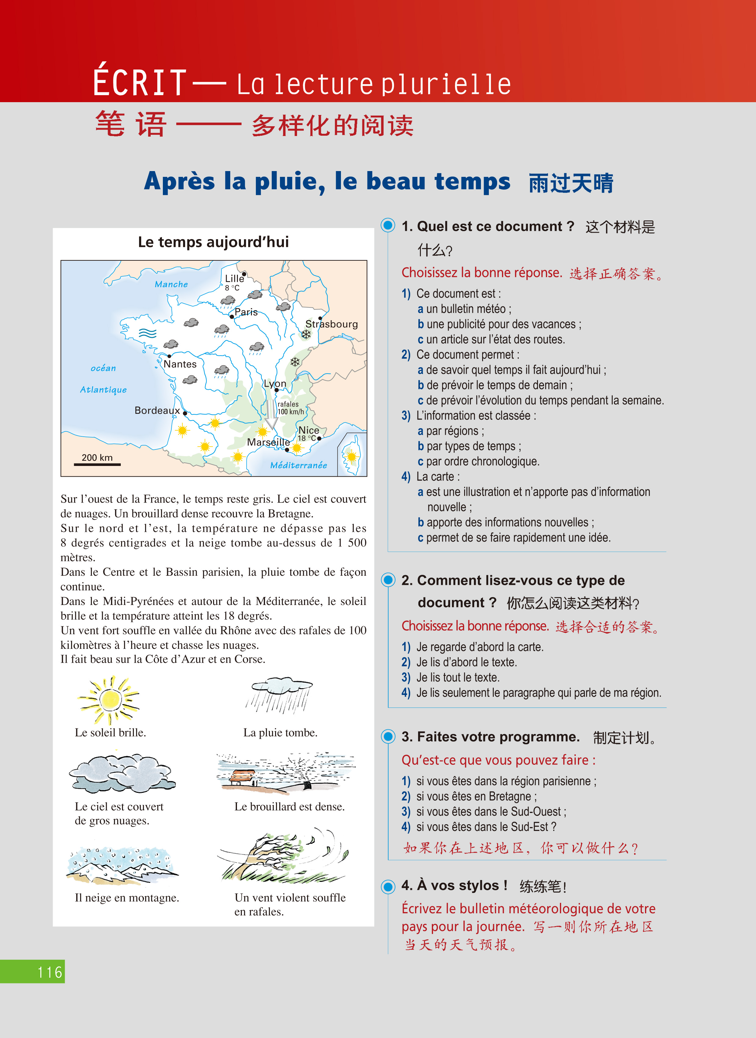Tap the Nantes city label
pyautogui.click(x=180, y=364)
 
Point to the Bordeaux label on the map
pyautogui.click(x=157, y=410)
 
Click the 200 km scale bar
pyautogui.click(x=97, y=464)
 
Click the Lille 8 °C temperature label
pyautogui.click(x=232, y=288)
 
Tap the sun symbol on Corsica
pyautogui.click(x=351, y=456)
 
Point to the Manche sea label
pyautogui.click(x=171, y=284)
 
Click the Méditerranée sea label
pyautogui.click(x=298, y=465)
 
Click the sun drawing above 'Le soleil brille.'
pyautogui.click(x=109, y=699)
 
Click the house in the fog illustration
pyautogui.click(x=242, y=777)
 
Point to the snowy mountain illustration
pyautogui.click(x=121, y=865)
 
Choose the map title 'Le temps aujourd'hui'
pyautogui.click(x=213, y=242)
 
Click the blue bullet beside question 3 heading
pyautogui.click(x=388, y=736)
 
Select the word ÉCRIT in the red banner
pyautogui.click(x=140, y=82)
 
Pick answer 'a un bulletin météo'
pyautogui.click(x=464, y=309)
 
